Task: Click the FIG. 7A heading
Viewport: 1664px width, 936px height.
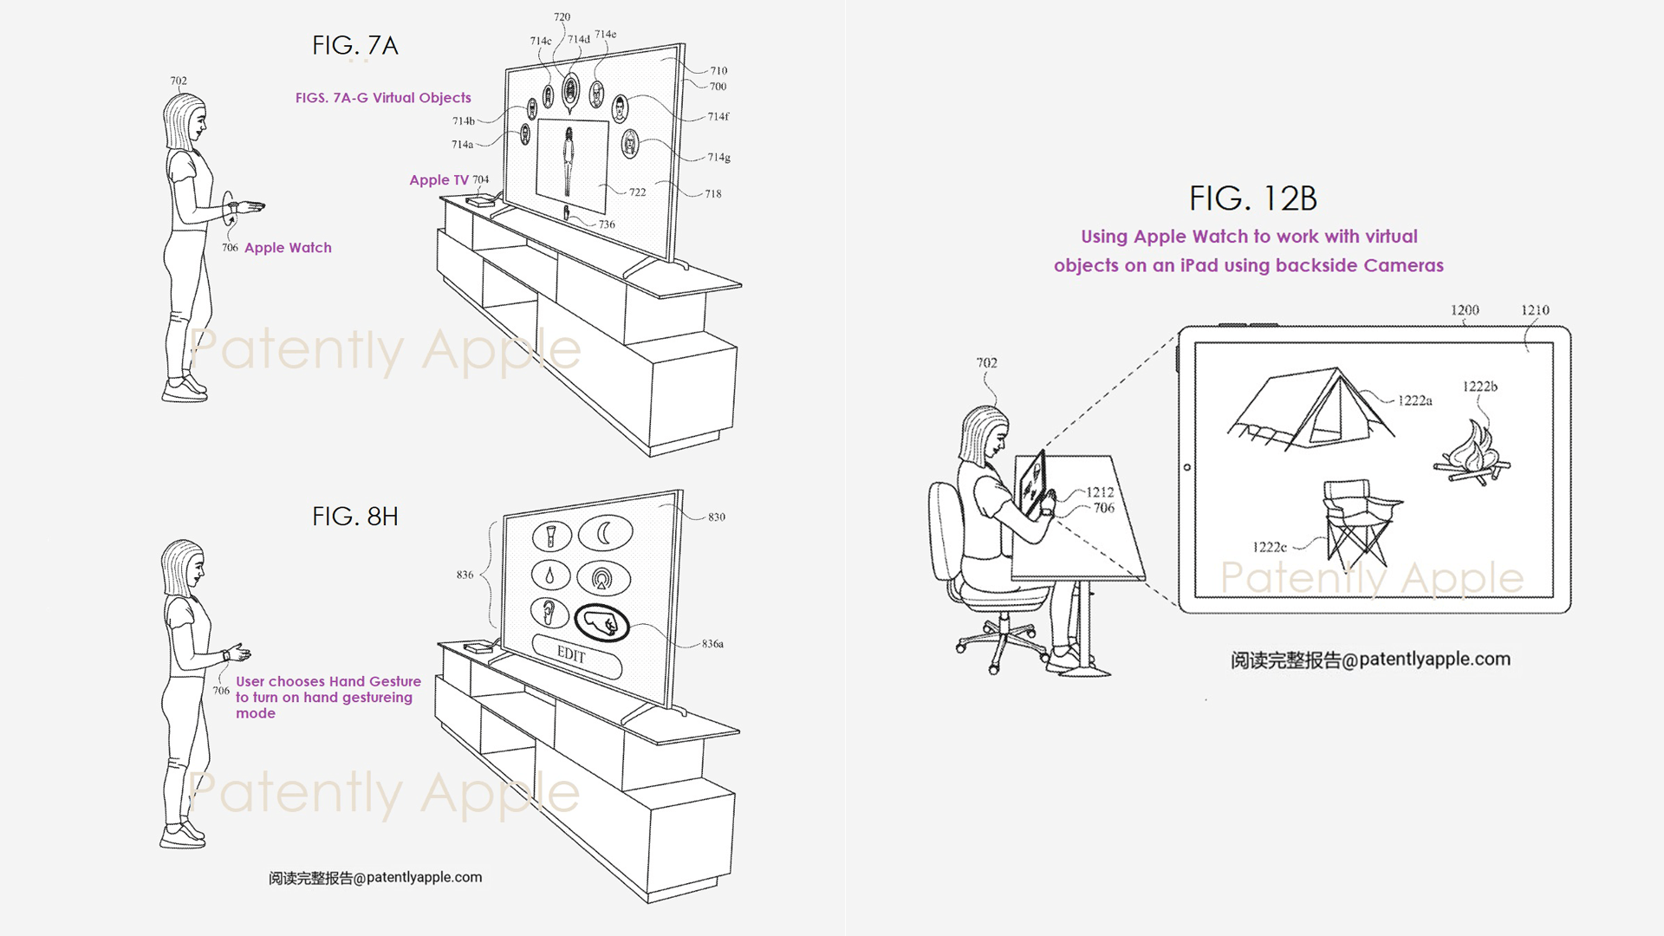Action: [354, 45]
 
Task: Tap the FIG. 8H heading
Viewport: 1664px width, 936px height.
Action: [354, 517]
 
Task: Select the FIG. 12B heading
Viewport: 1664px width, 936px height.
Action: [1252, 199]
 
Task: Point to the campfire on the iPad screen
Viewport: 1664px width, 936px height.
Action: [1472, 455]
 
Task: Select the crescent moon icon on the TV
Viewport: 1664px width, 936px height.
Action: [605, 533]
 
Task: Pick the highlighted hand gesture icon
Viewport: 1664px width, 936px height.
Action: [601, 621]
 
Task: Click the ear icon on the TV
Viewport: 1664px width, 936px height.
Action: [549, 612]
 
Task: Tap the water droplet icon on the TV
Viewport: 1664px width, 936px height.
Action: [550, 575]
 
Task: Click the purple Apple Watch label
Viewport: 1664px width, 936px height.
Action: [288, 248]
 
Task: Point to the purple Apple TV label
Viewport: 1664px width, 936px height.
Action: [439, 180]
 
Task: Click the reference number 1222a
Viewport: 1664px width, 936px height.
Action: [1414, 400]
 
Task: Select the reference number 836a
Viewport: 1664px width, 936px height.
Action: [712, 644]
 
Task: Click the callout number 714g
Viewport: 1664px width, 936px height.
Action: [718, 158]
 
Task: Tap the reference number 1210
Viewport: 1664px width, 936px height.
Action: [1534, 310]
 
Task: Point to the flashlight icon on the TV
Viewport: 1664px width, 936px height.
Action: [550, 536]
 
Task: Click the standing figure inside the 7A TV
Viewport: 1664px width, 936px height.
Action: [569, 163]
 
